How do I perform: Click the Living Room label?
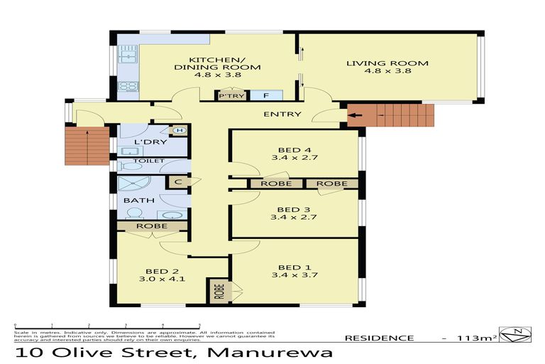point(387,67)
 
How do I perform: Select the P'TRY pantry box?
point(228,95)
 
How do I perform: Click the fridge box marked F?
point(265,95)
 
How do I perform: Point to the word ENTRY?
point(282,114)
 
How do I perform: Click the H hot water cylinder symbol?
point(179,130)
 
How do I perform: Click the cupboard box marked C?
point(177,181)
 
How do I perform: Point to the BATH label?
point(140,200)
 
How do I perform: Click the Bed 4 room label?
point(289,154)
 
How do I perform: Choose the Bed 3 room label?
point(289,213)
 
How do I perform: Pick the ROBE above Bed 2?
point(153,226)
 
